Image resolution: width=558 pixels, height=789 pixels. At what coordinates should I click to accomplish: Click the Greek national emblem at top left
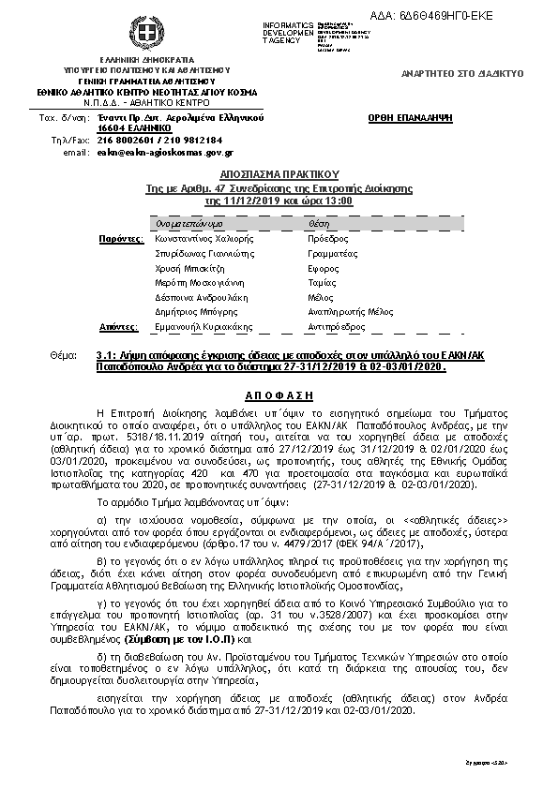[x=146, y=35]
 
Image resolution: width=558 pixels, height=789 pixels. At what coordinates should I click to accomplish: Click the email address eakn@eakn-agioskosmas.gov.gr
[x=165, y=151]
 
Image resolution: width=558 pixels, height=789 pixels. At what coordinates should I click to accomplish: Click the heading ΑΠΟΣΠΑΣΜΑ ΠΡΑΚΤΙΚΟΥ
[x=278, y=174]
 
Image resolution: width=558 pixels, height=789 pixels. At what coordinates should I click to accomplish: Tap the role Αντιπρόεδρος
[x=336, y=326]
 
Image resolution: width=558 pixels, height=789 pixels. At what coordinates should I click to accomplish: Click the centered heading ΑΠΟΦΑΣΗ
[x=279, y=396]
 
